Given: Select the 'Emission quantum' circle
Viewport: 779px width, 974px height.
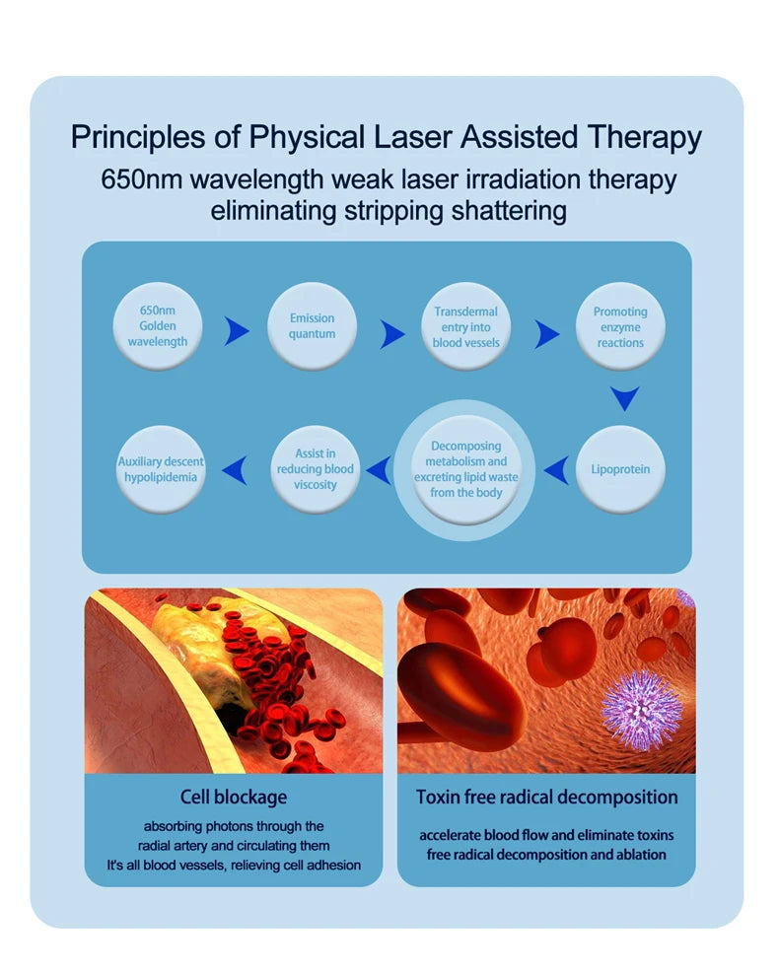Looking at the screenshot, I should (x=312, y=326).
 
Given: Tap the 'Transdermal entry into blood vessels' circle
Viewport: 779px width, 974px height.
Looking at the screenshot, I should (x=465, y=326).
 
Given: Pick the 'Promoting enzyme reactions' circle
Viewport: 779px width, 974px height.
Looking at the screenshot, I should (x=620, y=326).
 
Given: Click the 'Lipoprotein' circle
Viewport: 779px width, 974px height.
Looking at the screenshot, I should (x=620, y=469).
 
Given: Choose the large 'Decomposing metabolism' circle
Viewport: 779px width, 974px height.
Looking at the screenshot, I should (x=465, y=469).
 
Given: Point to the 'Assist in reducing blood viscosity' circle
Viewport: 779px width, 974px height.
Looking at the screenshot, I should (x=315, y=469).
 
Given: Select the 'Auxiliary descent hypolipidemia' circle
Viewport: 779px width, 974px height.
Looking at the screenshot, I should (x=161, y=469).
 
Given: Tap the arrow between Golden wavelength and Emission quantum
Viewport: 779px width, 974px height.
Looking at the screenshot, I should (x=237, y=332).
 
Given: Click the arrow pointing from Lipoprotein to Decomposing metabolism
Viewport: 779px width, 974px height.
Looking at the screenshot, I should (x=556, y=471).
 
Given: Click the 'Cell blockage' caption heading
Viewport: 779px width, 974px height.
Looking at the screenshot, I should (x=234, y=797).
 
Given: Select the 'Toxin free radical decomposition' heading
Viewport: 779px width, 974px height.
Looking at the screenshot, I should (x=546, y=797).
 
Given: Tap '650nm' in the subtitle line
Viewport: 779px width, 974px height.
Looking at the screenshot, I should (x=141, y=181).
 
